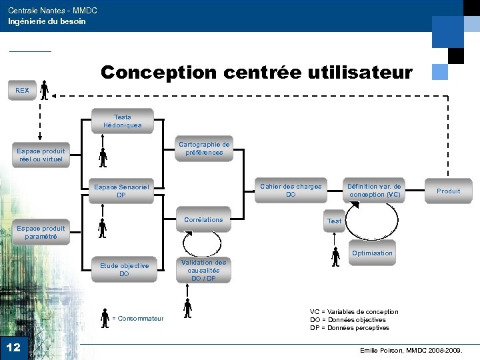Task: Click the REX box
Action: [23, 90]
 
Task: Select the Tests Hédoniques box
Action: [123, 121]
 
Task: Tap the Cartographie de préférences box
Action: [204, 149]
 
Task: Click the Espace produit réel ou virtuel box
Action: [41, 155]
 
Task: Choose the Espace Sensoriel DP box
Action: [121, 191]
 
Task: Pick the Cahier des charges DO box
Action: [291, 191]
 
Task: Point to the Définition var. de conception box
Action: [374, 191]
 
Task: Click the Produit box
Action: [448, 191]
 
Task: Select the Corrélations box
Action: [204, 220]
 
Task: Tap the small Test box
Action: [334, 221]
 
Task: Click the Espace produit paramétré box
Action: [41, 233]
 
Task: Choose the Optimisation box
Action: [372, 253]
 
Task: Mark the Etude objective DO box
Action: [124, 270]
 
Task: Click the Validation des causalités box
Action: [204, 271]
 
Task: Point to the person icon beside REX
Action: [44, 89]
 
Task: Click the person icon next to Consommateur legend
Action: [105, 317]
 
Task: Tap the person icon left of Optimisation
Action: [335, 257]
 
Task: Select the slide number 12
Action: [13, 347]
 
